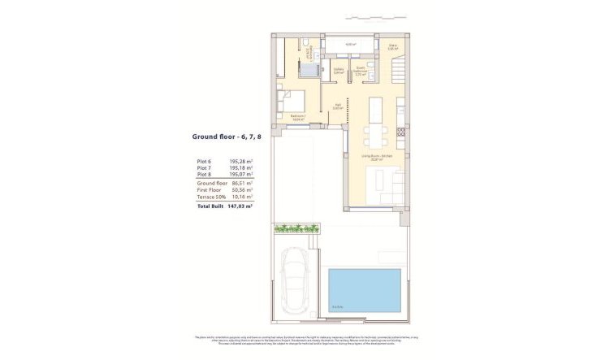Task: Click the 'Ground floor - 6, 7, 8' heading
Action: point(220,137)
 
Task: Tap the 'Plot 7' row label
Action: point(204,168)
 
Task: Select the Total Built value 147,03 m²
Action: point(240,206)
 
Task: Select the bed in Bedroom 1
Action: point(292,100)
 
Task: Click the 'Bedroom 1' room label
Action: point(298,116)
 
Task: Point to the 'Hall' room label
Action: point(338,106)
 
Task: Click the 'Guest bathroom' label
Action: point(361,71)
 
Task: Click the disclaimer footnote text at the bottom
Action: point(306,340)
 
